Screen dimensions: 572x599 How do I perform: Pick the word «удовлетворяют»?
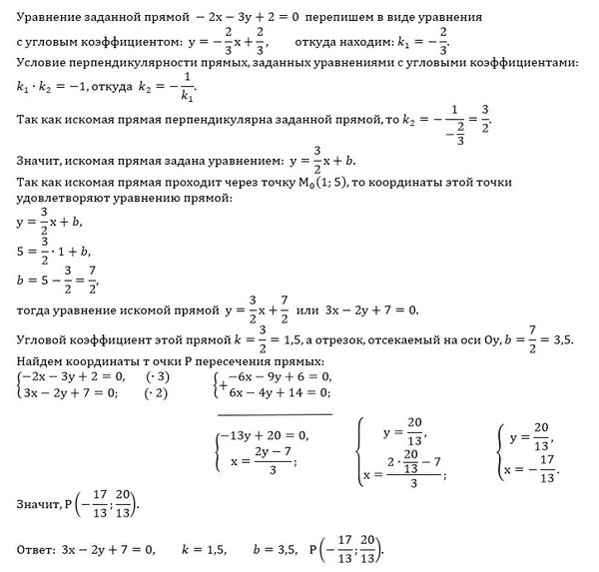[60, 198]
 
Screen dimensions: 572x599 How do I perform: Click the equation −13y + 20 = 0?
[264, 435]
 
